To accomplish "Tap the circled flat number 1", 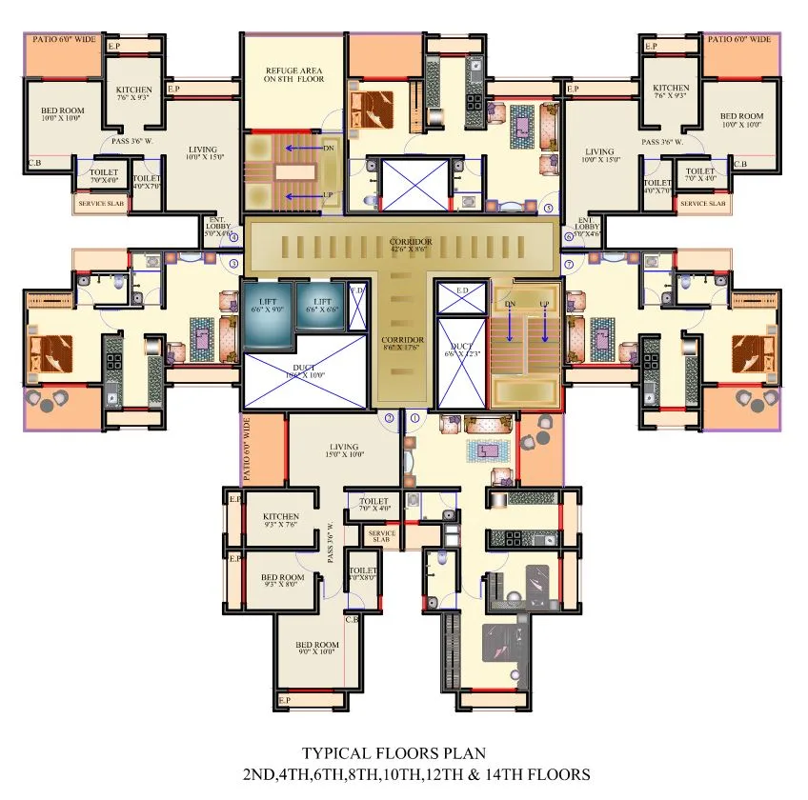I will pyautogui.click(x=414, y=417).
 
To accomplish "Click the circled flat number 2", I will pyautogui.click(x=389, y=417).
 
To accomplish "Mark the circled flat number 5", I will pyautogui.click(x=548, y=207).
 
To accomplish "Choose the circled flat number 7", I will pyautogui.click(x=569, y=263).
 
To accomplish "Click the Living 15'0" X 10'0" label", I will pyautogui.click(x=344, y=451).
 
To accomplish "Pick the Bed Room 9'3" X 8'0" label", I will pyautogui.click(x=283, y=582).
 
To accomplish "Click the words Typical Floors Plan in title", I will pyautogui.click(x=394, y=752).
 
